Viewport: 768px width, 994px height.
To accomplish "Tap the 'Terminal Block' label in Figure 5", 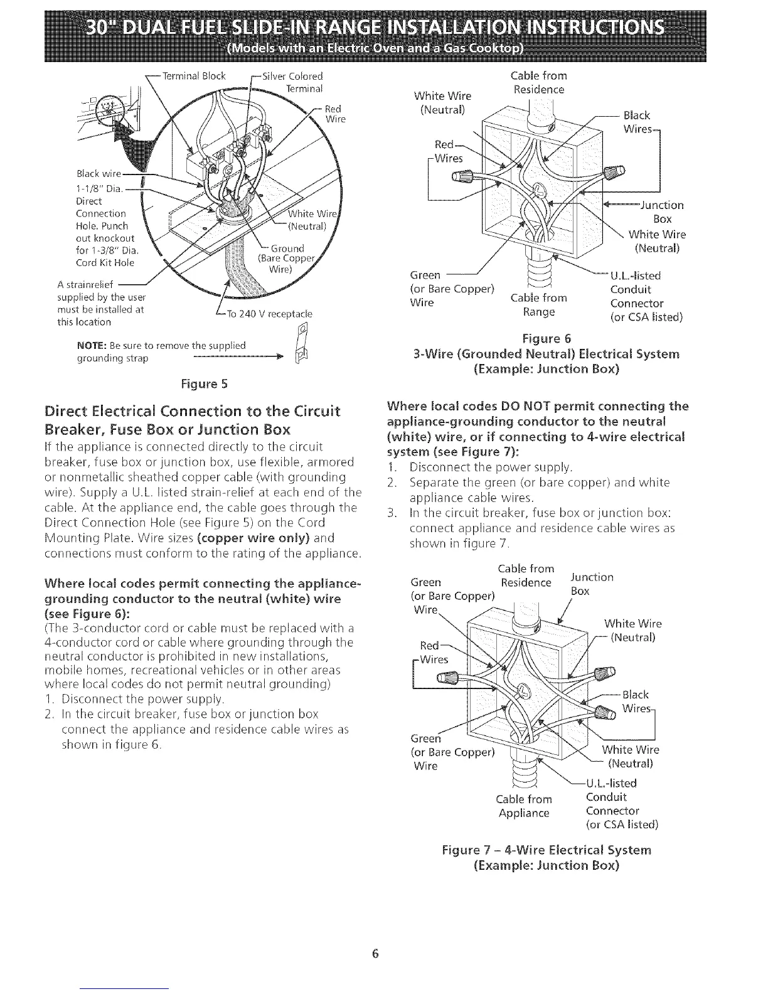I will (x=194, y=77).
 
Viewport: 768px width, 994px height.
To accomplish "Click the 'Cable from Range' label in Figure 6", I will (x=539, y=304).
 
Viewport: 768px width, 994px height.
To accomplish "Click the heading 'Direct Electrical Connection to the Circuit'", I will (x=193, y=412).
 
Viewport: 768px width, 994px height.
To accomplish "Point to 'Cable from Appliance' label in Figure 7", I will (x=524, y=806).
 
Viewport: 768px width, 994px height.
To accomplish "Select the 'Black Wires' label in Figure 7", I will (x=636, y=702).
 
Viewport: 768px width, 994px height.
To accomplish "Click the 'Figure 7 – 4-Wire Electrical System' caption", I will (x=547, y=850).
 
